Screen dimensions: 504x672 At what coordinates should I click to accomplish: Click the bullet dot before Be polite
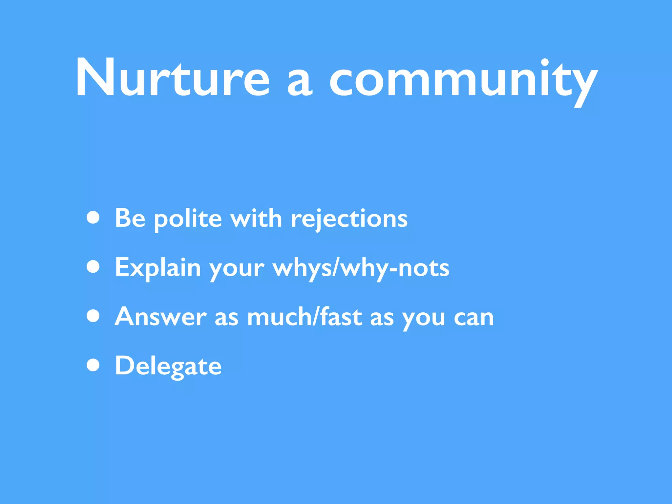point(93,217)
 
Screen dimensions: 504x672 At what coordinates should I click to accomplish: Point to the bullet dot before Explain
point(93,266)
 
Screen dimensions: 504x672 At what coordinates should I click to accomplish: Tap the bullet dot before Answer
point(93,316)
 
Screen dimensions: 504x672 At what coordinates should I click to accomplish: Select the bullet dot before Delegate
point(93,365)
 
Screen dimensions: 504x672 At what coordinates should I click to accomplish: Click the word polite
point(188,219)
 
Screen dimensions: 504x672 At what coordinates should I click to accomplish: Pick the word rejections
point(349,219)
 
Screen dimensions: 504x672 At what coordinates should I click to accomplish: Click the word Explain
point(158,268)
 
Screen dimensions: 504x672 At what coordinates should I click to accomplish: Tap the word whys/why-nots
point(361,268)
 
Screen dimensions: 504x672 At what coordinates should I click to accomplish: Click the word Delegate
point(168,366)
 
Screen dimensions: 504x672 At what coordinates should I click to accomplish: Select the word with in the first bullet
point(256,218)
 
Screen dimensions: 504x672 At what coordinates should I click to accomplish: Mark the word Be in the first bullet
point(130,218)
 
